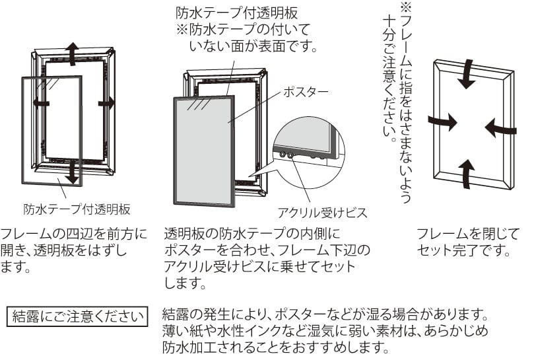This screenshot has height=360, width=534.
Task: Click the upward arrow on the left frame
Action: tap(73, 52)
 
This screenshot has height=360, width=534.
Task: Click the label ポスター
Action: tap(305, 92)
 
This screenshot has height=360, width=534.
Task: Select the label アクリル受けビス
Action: tap(322, 212)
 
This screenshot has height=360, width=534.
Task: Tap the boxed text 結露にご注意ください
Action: tap(77, 314)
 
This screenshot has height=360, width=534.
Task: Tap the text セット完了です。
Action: tap(463, 251)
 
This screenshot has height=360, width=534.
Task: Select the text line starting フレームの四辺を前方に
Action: tap(75, 234)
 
